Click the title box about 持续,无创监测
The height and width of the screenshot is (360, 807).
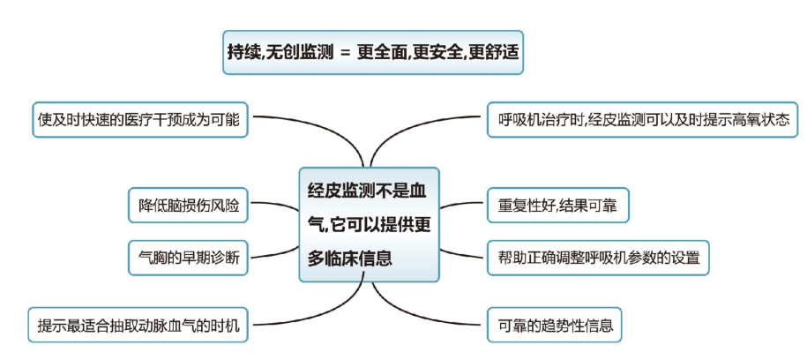(374, 52)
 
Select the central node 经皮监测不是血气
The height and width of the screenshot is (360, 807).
(369, 224)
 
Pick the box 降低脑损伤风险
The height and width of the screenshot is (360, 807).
(188, 205)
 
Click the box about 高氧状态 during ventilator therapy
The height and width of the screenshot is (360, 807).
(642, 119)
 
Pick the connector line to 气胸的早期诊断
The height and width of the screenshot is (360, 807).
(273, 255)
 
